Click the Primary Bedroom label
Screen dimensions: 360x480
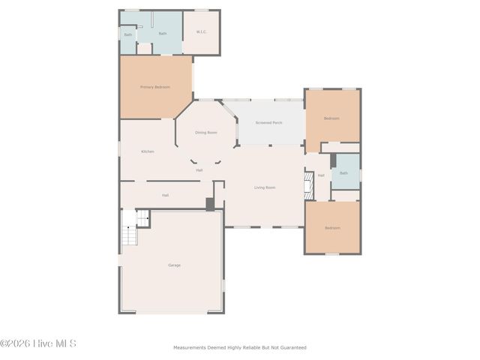[x=155, y=87]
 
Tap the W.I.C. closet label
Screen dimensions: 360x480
[x=202, y=31]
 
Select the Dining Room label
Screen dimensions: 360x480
[x=206, y=133]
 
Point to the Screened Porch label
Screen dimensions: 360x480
[x=268, y=122]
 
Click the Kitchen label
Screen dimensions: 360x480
[x=148, y=151]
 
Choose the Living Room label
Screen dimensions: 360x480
[x=265, y=187]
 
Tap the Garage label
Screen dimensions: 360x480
[x=174, y=265]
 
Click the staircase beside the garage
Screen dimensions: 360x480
[x=131, y=228]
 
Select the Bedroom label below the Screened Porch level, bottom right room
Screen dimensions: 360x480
[x=331, y=228]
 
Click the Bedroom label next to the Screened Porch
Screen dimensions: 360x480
[x=331, y=118]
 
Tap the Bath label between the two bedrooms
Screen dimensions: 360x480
[x=343, y=173]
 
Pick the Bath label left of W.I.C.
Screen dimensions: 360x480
[x=163, y=33]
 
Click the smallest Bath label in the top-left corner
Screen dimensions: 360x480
[x=127, y=34]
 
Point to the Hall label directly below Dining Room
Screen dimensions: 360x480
[x=199, y=170]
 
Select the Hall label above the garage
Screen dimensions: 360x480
[x=165, y=195]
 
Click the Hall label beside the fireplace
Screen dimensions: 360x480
[x=321, y=175]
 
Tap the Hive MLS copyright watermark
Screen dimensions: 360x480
[x=37, y=343]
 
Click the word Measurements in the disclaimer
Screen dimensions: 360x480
[x=190, y=347]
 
